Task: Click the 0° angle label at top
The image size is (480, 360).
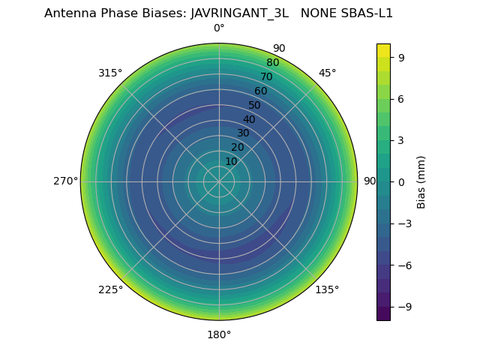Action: point(219,28)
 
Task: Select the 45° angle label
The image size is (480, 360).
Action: point(327,73)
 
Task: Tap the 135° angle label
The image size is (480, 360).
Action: point(327,289)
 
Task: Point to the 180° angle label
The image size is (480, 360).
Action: point(219,334)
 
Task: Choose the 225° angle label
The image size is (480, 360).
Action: point(110,289)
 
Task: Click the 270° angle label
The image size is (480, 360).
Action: point(65,181)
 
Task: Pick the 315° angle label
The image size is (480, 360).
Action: point(110,73)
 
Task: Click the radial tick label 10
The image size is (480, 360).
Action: point(231,161)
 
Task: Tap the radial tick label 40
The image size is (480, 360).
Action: point(249,119)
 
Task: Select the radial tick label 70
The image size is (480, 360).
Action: point(266,77)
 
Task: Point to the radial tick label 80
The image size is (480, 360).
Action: point(272,63)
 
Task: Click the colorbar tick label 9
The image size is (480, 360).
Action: point(402,57)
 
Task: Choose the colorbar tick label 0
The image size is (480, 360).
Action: point(402,181)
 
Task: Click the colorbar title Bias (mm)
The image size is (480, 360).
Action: point(421,181)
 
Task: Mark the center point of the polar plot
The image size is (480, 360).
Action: point(219,181)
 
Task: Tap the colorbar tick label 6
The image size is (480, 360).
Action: point(402,98)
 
